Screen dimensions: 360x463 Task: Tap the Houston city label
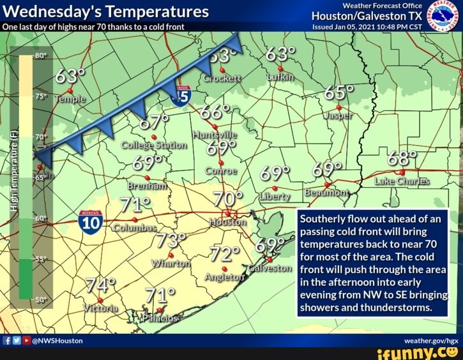[227, 222]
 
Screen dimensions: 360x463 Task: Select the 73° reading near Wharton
[171, 242]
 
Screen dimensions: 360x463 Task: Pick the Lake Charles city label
[401, 181]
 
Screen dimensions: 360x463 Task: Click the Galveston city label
[269, 268]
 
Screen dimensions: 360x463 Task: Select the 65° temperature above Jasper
[338, 93]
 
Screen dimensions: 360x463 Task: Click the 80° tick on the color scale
[38, 56]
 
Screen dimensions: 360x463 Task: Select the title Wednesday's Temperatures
[105, 11]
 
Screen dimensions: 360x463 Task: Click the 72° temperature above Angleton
[224, 255]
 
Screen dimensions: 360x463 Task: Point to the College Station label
[153, 145]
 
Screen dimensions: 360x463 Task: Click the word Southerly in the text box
[323, 218]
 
